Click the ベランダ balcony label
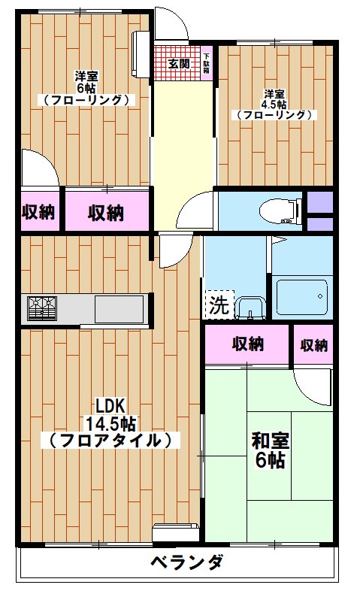[x=185, y=562]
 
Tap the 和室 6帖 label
[x=271, y=450]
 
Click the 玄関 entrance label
[x=178, y=63]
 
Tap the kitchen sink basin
[x=119, y=308]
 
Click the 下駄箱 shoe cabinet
[x=207, y=63]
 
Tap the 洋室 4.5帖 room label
[x=274, y=105]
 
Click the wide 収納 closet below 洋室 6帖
[x=107, y=212]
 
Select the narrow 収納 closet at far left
[x=38, y=212]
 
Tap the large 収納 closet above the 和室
[x=247, y=345]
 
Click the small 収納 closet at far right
[x=313, y=345]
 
